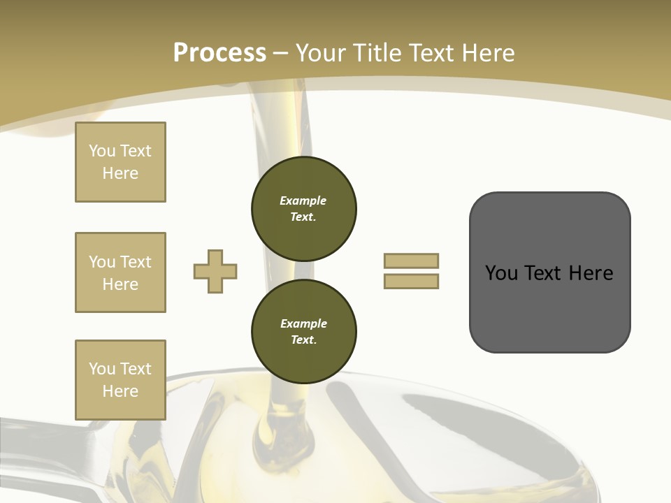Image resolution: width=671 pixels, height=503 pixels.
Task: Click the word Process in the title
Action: (219, 53)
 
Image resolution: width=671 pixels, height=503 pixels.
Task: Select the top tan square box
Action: (120, 162)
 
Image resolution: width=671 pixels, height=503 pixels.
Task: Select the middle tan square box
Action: (120, 272)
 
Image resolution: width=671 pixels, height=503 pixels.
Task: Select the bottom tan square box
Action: (120, 380)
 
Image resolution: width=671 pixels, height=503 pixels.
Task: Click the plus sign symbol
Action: (215, 272)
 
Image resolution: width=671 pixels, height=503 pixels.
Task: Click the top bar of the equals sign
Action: (411, 261)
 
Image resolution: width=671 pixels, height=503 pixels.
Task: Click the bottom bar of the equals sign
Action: (411, 282)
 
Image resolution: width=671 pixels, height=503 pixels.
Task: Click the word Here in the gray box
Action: (591, 273)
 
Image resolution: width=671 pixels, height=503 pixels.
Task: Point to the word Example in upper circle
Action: (303, 201)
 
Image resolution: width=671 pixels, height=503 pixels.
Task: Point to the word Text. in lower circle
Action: (303, 340)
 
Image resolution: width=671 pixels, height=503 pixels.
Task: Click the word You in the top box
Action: (102, 151)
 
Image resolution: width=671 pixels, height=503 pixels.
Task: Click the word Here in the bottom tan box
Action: (120, 391)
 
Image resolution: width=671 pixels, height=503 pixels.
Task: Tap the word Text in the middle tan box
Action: (136, 262)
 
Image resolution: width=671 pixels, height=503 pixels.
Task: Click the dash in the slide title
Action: (281, 53)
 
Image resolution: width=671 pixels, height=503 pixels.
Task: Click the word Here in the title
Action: (485, 53)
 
